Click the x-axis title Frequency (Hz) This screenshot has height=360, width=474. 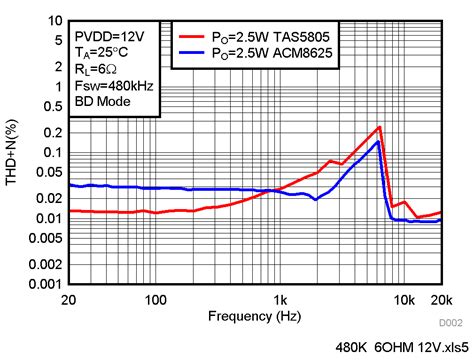pyautogui.click(x=255, y=316)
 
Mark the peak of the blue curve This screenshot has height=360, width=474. pyautogui.click(x=378, y=142)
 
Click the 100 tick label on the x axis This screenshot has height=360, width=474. pyautogui.click(x=154, y=299)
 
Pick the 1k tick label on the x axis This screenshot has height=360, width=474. pyautogui.click(x=281, y=299)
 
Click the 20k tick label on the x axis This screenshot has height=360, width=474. pyautogui.click(x=441, y=299)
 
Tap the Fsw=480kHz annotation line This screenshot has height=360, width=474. pyautogui.click(x=110, y=85)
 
